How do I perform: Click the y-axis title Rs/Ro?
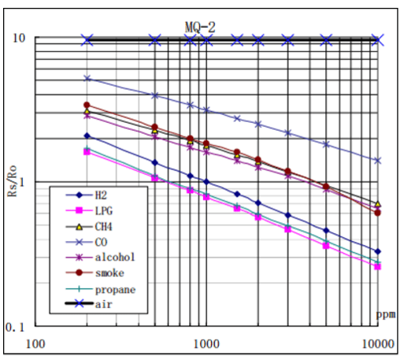click(x=13, y=182)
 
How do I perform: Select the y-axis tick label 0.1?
click(x=17, y=326)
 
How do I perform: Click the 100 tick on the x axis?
click(x=35, y=343)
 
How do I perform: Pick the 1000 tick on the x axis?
click(x=206, y=343)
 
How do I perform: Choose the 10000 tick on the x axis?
click(x=377, y=343)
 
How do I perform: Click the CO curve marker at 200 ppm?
click(x=87, y=79)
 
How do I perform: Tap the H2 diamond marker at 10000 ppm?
click(x=378, y=251)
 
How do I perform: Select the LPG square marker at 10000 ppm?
click(x=378, y=266)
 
